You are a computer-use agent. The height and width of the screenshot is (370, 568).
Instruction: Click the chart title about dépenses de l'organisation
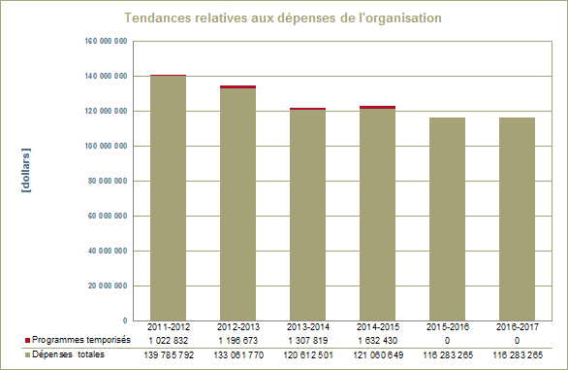click(284, 18)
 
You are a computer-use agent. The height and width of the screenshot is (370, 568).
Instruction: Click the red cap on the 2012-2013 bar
click(237, 86)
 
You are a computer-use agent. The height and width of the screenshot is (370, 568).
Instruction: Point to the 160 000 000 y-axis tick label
click(109, 41)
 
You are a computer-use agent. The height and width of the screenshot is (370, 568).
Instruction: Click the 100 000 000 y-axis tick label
click(109, 146)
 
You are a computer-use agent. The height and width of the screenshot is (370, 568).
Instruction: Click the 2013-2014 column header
click(308, 327)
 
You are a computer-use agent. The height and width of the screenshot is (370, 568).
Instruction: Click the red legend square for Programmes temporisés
click(27, 341)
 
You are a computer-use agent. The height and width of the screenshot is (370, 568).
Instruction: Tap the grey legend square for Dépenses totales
click(27, 355)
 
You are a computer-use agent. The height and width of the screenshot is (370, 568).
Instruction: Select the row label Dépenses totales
click(70, 355)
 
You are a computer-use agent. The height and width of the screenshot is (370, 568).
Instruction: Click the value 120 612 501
click(308, 355)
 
